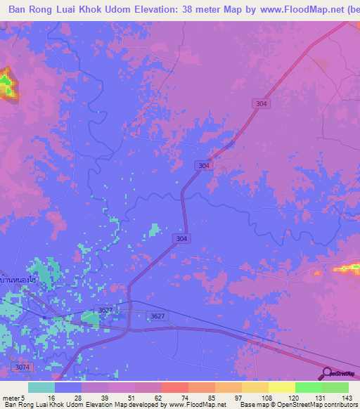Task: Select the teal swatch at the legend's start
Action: (41, 387)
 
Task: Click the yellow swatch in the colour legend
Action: (281, 387)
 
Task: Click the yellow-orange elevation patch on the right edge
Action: (347, 267)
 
